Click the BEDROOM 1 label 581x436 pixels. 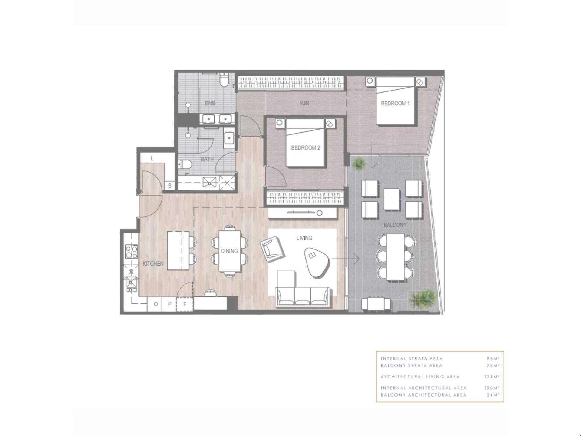395,103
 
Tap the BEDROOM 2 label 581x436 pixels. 305,148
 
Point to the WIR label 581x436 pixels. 304,103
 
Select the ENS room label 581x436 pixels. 210,103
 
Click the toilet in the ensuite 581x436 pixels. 224,80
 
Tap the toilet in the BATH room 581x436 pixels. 185,164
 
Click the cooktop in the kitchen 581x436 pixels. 131,251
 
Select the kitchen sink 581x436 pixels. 132,284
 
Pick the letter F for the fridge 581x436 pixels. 185,304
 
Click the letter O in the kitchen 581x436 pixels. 156,304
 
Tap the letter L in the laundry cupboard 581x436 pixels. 152,158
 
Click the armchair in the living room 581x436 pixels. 272,250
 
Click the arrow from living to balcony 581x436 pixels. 346,259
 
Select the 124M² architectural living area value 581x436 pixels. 492,377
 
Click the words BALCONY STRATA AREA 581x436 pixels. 411,365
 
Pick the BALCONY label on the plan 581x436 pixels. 395,225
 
